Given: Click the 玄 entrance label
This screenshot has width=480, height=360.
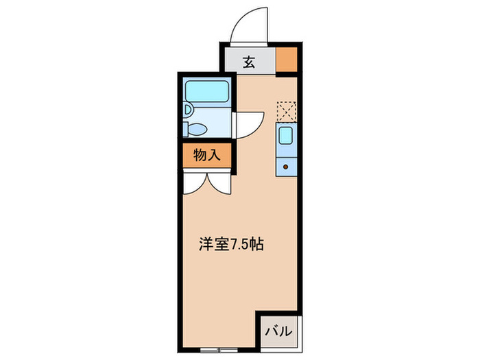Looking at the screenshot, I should [249, 62].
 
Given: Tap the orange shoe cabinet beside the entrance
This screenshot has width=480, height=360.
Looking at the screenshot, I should [287, 60].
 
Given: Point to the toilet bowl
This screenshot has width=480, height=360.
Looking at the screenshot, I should [200, 128].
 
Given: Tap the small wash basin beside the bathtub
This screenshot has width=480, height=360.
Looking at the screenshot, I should [187, 110].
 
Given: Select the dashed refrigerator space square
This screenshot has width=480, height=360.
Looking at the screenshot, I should [287, 111].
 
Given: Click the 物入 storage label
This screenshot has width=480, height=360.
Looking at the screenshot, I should [206, 156].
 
